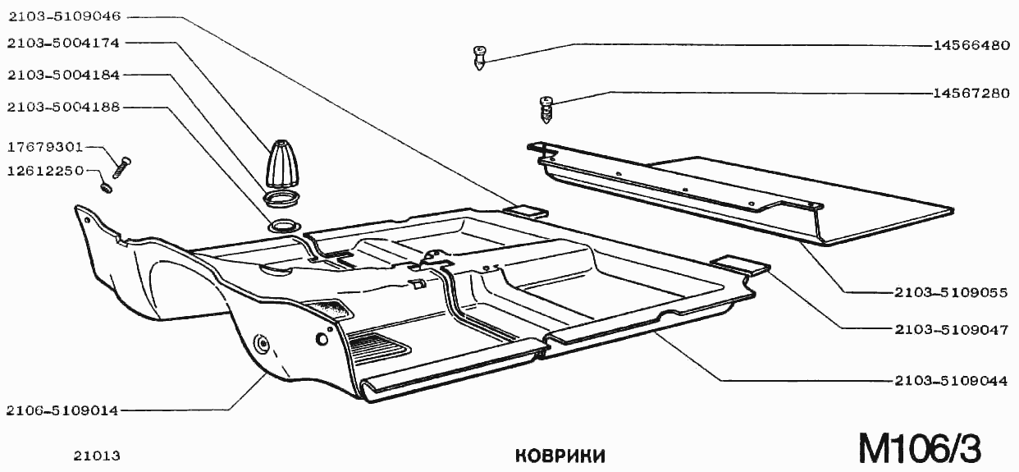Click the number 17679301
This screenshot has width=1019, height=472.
pos(44,148)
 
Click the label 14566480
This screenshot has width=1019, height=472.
pos(971,46)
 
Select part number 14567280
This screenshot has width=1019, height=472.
pos(971,94)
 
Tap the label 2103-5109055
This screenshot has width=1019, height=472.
pos(951,292)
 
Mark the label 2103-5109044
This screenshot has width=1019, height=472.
pos(951,382)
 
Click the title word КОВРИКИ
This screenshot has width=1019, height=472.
pos(560,455)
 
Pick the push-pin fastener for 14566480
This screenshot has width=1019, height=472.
pos(481,59)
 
